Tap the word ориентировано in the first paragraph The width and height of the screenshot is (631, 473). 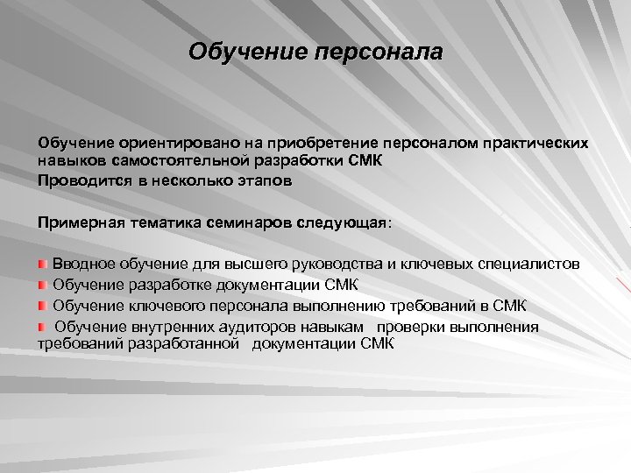click(163, 141)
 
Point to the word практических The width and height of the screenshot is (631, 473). click(533, 141)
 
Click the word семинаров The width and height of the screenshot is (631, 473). click(251, 222)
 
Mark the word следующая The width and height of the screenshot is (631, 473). click(345, 222)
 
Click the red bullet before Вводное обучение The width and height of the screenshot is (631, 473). click(43, 264)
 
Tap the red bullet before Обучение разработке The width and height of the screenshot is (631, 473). click(43, 285)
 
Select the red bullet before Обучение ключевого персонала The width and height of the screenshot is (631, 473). click(43, 305)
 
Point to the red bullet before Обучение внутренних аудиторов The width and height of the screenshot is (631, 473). click(43, 326)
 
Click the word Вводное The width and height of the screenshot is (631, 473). click(83, 264)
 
